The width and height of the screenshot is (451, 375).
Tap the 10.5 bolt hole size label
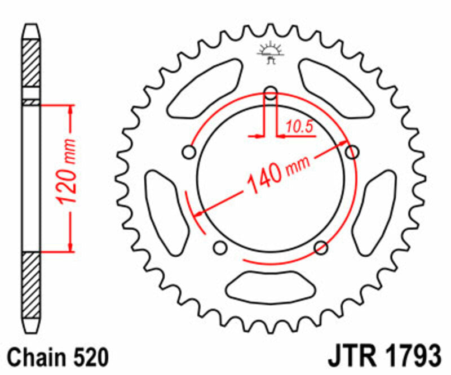[x=299, y=127]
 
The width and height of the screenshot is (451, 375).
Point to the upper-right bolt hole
[x=352, y=151]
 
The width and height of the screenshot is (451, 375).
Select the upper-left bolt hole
[x=189, y=152]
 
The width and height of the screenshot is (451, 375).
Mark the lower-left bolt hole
[x=220, y=247]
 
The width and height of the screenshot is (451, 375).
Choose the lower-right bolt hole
[x=321, y=247]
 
